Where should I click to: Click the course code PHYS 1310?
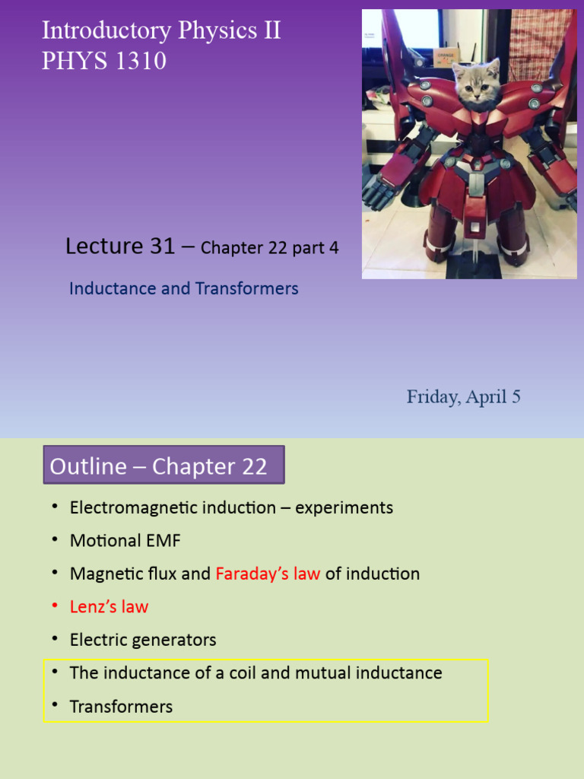[104, 61]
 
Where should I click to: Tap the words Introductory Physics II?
[161, 30]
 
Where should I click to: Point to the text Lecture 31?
[120, 246]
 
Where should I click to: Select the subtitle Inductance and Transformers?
[183, 289]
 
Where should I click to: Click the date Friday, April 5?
[463, 397]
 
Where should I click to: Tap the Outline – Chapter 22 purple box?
[163, 466]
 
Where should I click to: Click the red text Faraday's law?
[268, 574]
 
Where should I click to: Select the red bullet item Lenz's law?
[109, 607]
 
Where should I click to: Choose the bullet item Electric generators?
[143, 641]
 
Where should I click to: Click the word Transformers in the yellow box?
[121, 707]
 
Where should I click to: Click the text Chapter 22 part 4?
[269, 248]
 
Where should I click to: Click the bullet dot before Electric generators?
[55, 639]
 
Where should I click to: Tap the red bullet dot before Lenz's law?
[55, 606]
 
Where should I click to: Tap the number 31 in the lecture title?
[163, 246]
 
